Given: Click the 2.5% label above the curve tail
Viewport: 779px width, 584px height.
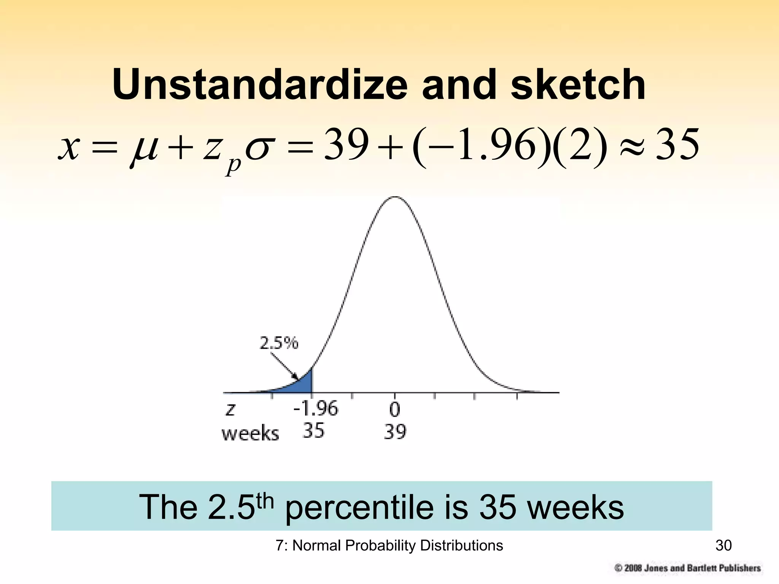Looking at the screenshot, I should point(279,343).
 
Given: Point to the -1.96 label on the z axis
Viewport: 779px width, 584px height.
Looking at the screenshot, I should point(315,409).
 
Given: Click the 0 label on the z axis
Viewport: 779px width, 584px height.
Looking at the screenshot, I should point(395,410).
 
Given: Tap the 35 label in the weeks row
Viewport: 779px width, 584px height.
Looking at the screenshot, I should point(313,431).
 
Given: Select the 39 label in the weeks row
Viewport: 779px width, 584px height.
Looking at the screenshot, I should point(395,432).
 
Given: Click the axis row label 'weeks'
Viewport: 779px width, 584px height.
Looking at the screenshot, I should point(250,433).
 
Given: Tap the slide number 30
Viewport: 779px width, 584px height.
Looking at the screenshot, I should point(723,546).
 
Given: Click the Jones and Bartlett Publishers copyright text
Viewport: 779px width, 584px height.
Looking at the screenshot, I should point(688,568).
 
